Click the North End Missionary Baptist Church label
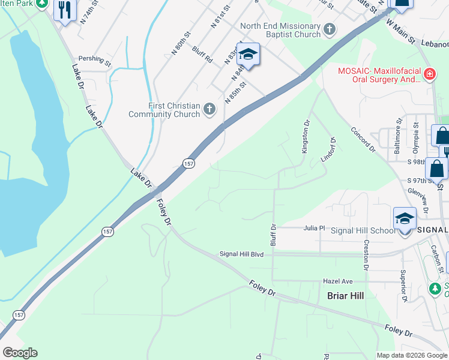pyautogui.click(x=280, y=30)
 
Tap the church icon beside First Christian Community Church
pyautogui.click(x=209, y=109)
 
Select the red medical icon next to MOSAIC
pyautogui.click(x=429, y=74)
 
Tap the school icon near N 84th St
pyautogui.click(x=247, y=55)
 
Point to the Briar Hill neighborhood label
pyautogui.click(x=345, y=296)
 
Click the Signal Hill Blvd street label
pyautogui.click(x=241, y=254)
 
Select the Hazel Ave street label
pyautogui.click(x=337, y=281)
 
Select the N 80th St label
pyautogui.click(x=182, y=40)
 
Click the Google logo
pyautogui.click(x=19, y=353)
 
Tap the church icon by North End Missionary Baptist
pyautogui.click(x=329, y=28)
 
